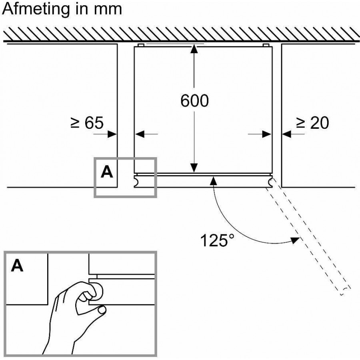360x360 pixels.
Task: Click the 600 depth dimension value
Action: (x=194, y=101)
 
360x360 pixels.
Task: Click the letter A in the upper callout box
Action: (x=106, y=172)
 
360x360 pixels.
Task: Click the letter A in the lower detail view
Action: (x=17, y=266)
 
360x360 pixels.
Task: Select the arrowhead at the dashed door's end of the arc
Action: (x=295, y=240)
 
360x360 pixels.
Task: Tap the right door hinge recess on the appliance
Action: (x=272, y=182)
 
